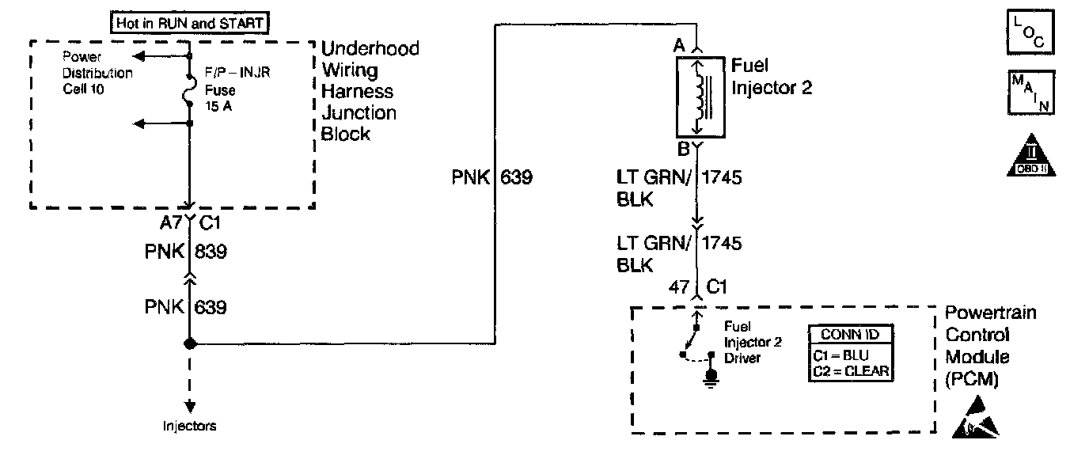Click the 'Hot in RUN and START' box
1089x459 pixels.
point(189,24)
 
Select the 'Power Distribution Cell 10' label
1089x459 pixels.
point(97,73)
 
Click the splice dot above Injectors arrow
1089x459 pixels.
point(190,343)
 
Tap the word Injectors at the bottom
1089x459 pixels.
point(189,426)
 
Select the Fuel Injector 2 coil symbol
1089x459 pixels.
point(700,96)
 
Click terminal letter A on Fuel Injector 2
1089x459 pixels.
point(678,47)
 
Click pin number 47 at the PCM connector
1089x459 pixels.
point(678,286)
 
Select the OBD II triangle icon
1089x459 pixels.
point(1030,157)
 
